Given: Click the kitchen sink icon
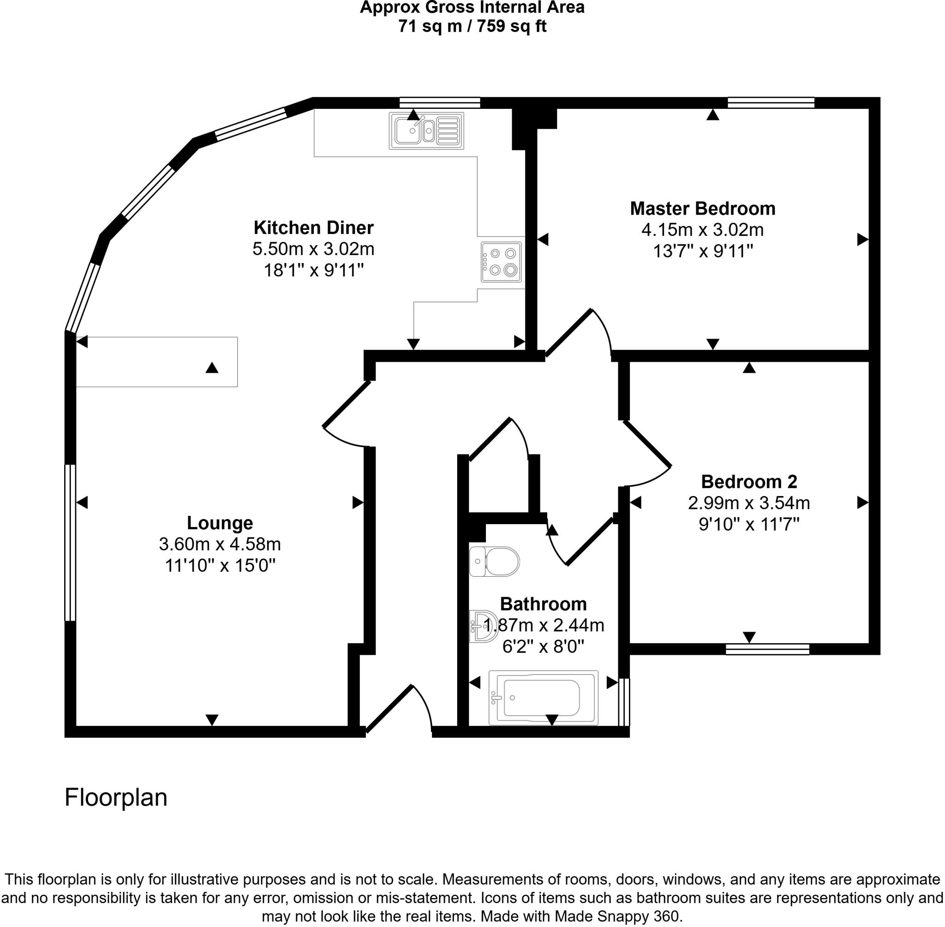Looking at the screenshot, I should click(x=426, y=131).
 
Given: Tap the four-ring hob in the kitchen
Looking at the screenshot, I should click(x=501, y=262).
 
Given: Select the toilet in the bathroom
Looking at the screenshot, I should click(x=494, y=562).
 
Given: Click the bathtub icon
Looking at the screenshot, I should click(x=543, y=697).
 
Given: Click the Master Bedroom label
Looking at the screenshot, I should click(x=702, y=209).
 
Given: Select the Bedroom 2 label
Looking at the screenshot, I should click(x=749, y=482).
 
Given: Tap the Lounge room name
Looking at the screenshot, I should click(x=220, y=523).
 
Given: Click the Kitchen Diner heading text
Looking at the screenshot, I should click(x=314, y=227).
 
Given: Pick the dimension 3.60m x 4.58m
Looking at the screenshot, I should click(x=220, y=544).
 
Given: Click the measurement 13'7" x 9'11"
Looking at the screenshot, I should click(x=702, y=251).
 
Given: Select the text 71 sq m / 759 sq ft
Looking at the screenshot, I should click(x=472, y=26).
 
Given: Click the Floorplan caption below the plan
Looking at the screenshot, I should click(x=116, y=797).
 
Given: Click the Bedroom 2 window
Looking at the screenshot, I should click(x=767, y=649).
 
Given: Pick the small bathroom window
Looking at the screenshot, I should click(x=624, y=701).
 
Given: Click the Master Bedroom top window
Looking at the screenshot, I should click(x=771, y=103).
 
